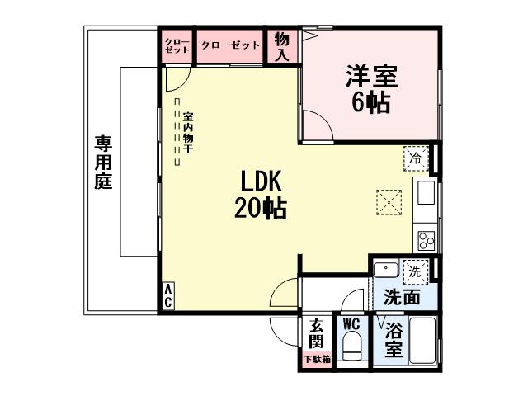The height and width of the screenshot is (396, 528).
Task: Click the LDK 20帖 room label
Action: pos(263,195)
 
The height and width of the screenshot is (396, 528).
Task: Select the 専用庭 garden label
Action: pos(103,162)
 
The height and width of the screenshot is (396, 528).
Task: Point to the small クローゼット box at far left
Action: pos(177,45)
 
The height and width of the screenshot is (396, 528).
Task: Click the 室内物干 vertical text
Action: pos(189,132)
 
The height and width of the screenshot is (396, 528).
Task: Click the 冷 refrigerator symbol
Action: pos(416,157)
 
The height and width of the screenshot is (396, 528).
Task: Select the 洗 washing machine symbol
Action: pos(415,269)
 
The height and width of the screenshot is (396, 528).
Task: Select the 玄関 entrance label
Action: pos(316,332)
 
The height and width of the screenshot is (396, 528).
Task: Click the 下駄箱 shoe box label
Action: pos(316,359)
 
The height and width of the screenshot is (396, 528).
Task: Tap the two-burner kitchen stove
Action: pos(427,241)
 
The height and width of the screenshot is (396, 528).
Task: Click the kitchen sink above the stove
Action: pos(426,196)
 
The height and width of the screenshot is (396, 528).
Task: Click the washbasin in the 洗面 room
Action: pos(384,270)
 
